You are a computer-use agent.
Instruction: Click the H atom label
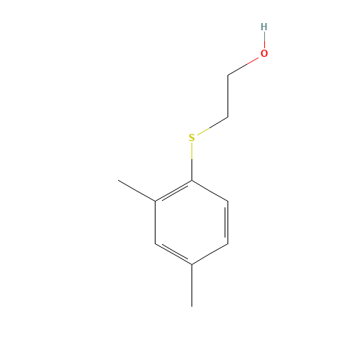(x=264, y=27)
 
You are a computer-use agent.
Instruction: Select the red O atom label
(x=264, y=53)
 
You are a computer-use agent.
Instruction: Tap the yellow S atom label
(x=192, y=138)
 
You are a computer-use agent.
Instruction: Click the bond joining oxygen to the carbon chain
(x=243, y=66)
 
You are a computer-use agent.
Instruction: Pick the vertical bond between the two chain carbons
(x=228, y=96)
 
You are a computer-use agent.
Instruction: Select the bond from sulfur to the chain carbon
(x=212, y=126)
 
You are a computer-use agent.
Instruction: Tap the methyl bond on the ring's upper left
(x=137, y=190)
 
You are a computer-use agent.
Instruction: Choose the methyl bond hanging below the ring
(x=192, y=286)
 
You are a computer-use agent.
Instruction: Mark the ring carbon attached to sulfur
(x=192, y=180)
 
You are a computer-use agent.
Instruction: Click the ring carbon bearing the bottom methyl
(x=192, y=265)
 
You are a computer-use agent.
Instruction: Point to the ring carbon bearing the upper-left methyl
(x=156, y=201)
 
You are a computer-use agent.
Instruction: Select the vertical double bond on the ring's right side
(x=227, y=222)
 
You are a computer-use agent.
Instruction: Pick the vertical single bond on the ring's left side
(x=156, y=222)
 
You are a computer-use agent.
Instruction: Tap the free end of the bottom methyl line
(x=192, y=307)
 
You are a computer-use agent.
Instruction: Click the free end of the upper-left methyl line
(x=118, y=180)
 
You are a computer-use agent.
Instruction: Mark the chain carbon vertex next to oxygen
(x=228, y=76)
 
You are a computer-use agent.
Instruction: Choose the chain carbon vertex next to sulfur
(x=228, y=117)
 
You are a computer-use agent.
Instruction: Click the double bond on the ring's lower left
(x=174, y=253)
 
